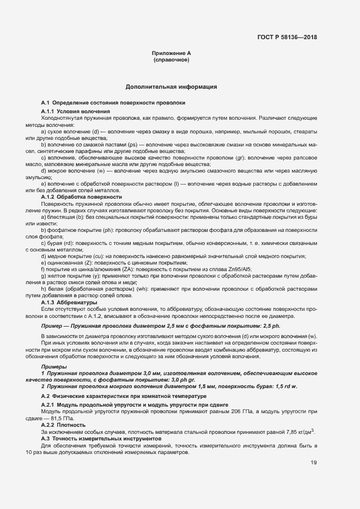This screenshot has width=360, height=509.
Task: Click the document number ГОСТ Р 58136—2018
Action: click(x=286, y=38)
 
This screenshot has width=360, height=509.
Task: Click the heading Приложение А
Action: click(x=172, y=53)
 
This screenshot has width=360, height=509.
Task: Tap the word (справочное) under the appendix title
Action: click(x=172, y=59)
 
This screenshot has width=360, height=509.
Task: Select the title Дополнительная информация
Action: click(x=172, y=87)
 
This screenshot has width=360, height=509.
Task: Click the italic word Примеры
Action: click(x=52, y=366)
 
